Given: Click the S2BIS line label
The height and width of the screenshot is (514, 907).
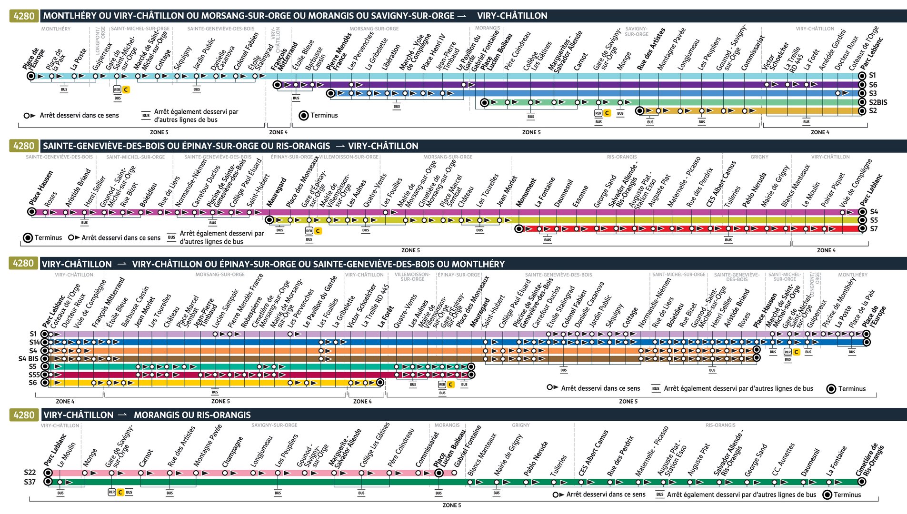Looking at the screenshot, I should click(x=878, y=102).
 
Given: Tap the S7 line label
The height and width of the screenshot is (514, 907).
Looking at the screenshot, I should click(x=874, y=229).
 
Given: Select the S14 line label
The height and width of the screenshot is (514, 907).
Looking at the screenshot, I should click(x=34, y=342).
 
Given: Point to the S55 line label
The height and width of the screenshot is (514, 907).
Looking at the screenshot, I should click(x=34, y=375).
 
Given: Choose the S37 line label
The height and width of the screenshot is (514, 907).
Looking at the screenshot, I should click(x=30, y=482).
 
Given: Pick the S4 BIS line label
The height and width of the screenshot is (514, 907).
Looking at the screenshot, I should click(x=28, y=359).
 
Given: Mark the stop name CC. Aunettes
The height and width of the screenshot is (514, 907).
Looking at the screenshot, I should click(x=783, y=460).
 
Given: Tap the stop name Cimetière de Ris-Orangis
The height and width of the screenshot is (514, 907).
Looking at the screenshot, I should click(x=869, y=460).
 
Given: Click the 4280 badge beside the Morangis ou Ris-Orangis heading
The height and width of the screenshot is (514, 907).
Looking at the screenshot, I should click(x=23, y=415).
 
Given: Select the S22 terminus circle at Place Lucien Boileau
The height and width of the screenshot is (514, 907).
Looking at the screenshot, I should click(x=439, y=473).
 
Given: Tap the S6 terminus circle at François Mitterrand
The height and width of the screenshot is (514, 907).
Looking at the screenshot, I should click(x=277, y=85).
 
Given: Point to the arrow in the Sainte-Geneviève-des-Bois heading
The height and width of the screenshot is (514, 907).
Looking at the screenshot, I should click(x=340, y=146).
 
